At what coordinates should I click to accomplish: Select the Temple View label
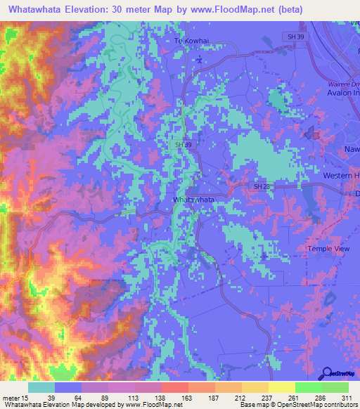point(328,249)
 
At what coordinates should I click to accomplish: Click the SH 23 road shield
point(262,186)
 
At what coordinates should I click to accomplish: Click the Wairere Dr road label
point(343,84)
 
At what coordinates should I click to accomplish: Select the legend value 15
point(25,398)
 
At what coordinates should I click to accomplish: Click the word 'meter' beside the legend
point(11,398)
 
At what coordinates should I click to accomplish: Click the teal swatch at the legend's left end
point(41,387)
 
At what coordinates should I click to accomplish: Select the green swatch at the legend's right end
point(335,387)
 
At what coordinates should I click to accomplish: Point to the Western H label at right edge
point(340,174)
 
